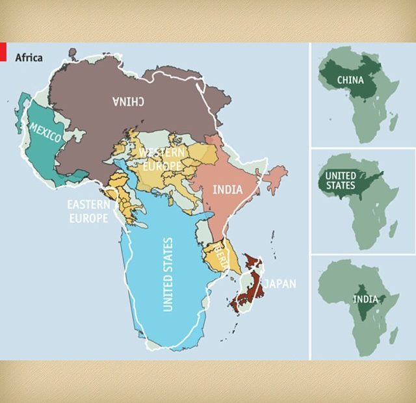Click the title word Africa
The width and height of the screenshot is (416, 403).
[29, 58]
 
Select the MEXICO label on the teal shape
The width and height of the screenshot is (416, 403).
[45, 132]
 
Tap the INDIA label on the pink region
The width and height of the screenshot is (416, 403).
[227, 190]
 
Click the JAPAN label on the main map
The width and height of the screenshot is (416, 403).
[279, 283]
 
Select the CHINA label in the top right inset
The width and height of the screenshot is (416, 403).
[350, 80]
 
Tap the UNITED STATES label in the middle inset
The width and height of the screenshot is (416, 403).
[340, 181]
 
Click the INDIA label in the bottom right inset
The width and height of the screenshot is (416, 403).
[364, 299]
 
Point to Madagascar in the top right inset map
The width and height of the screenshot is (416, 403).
[394, 120]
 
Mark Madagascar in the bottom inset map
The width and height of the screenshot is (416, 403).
[394, 334]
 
